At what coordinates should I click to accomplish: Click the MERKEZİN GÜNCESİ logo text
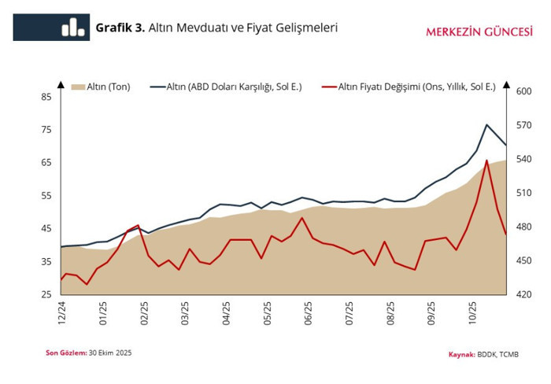478,32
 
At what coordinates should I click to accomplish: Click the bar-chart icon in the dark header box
73,28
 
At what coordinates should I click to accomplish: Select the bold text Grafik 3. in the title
120,28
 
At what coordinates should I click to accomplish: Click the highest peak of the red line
487,161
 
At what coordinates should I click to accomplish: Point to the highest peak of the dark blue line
487,124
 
